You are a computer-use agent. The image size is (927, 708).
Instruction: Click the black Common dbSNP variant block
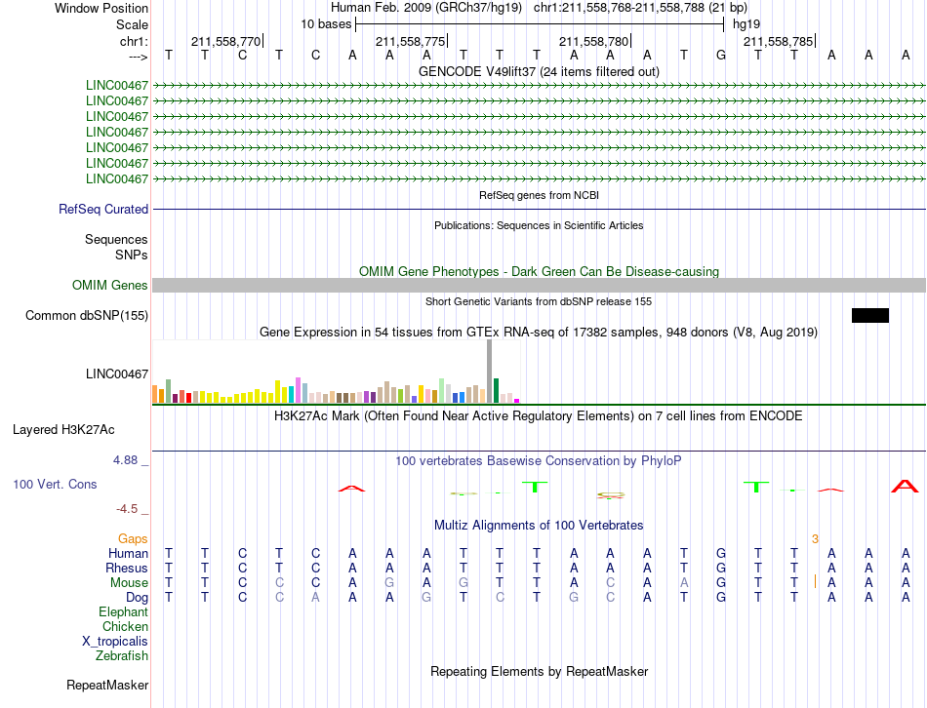tap(870, 316)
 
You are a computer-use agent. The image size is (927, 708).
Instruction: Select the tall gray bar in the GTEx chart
tap(490, 372)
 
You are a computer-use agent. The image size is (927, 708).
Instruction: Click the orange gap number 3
tap(815, 539)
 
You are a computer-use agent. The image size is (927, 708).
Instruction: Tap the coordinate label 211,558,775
tap(410, 41)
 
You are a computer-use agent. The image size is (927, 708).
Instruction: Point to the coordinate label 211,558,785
tap(778, 41)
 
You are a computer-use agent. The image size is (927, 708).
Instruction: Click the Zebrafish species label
tap(122, 656)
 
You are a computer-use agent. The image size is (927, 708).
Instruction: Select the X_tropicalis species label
tap(115, 642)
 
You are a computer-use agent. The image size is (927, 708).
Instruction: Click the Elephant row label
tap(124, 612)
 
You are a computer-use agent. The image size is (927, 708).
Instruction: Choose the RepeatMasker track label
tap(107, 686)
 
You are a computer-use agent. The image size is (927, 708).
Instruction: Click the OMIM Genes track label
tap(110, 286)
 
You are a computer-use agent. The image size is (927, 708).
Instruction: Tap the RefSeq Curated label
tap(103, 210)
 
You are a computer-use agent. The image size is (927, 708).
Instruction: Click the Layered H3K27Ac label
tap(63, 430)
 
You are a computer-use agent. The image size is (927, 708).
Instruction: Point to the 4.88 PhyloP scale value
tap(125, 460)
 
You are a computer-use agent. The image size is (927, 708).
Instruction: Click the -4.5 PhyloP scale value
tap(127, 509)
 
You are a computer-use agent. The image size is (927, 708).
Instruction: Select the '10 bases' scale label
tap(326, 24)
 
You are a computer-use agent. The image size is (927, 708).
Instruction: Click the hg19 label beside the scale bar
tap(746, 24)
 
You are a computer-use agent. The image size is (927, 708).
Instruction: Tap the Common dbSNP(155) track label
tap(87, 316)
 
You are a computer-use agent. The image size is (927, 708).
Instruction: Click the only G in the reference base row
tap(721, 56)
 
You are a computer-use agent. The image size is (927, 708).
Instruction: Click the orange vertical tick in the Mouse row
tap(815, 581)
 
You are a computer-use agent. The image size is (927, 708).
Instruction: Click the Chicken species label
tap(125, 626)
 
